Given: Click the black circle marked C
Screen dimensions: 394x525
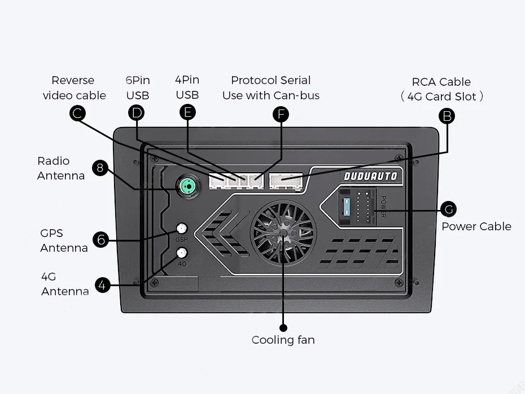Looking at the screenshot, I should point(78,113).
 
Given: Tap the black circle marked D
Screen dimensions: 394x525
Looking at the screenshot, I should point(137,113).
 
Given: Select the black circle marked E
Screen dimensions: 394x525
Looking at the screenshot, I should point(187,112).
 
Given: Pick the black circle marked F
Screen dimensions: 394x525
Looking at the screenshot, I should point(281,115).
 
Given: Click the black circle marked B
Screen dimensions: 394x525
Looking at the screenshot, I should point(447,116).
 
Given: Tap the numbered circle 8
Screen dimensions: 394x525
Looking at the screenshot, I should point(100,168).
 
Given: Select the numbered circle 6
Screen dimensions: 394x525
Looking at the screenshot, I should point(101,239).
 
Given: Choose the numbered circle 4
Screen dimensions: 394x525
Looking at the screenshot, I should point(102,285).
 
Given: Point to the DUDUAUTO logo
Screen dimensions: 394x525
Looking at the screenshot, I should point(371,176).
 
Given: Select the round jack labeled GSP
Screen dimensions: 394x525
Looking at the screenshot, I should point(182,229).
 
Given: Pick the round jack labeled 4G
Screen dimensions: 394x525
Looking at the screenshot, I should point(182,253).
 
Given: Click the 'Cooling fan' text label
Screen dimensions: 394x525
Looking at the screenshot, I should point(283,340).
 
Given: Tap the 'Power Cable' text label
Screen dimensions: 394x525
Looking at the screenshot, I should point(476,226).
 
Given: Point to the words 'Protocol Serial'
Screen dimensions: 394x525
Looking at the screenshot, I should point(271,80).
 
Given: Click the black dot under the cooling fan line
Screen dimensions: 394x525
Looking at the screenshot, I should point(283,327).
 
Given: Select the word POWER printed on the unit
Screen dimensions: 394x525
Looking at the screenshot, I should point(383,207).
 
